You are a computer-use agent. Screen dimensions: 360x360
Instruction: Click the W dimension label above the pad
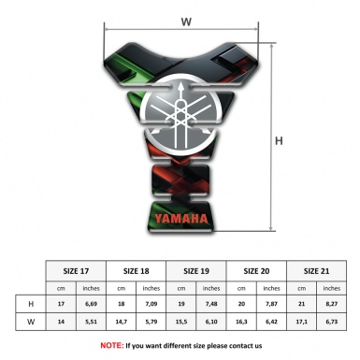click(187, 20)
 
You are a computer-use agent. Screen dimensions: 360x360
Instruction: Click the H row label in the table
click(32, 304)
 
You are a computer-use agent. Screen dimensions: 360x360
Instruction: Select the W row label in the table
click(32, 324)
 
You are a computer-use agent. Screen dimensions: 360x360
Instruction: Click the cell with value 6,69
click(92, 304)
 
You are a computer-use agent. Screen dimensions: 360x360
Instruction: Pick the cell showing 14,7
click(122, 324)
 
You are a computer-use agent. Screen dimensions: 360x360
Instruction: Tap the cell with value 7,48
click(212, 304)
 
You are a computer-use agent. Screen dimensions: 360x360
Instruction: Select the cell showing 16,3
click(242, 324)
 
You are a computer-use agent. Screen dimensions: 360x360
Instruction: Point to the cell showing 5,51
click(92, 324)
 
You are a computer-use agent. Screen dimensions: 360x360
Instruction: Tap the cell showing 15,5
click(181, 324)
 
